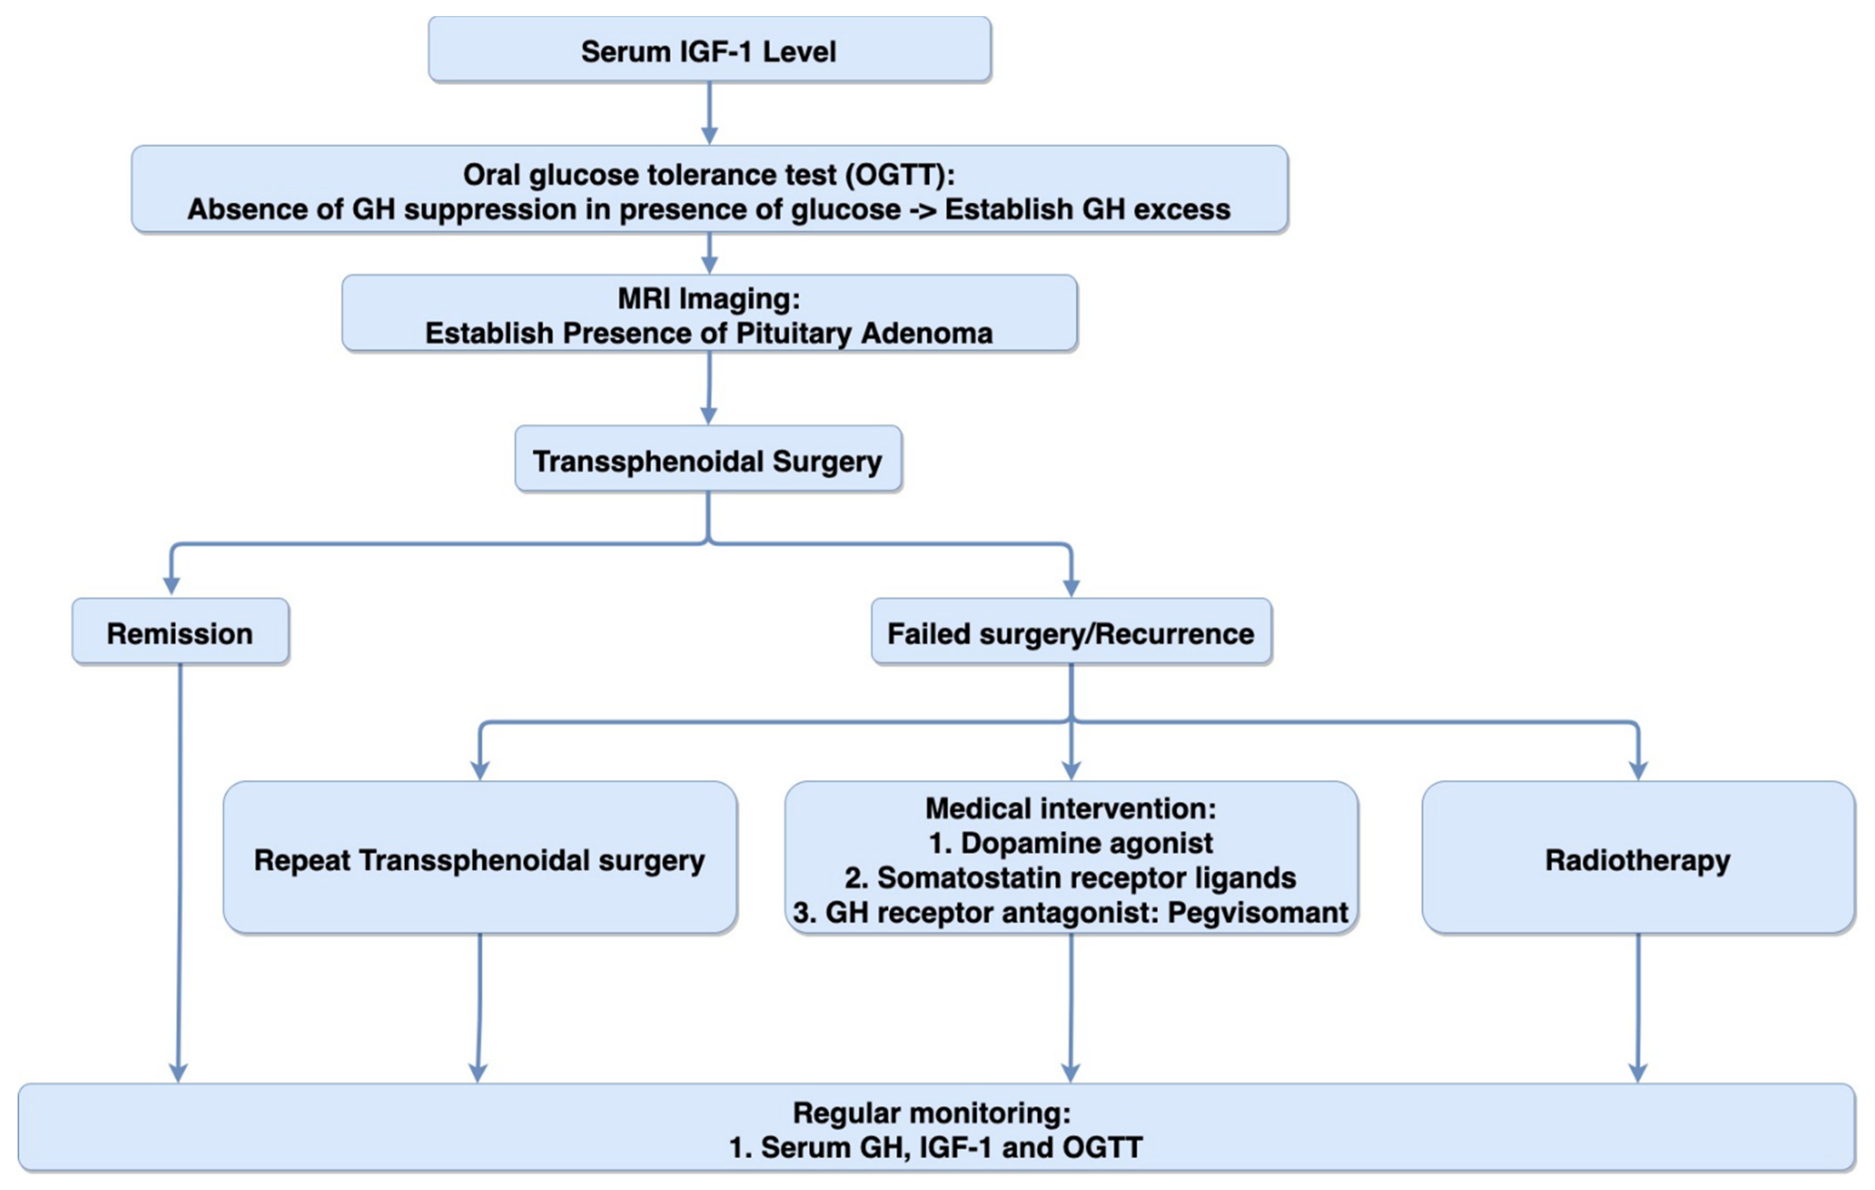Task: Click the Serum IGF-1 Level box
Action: (x=708, y=51)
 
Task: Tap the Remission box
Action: (x=180, y=633)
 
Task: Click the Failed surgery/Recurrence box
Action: (x=1071, y=633)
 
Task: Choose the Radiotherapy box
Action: (x=1637, y=859)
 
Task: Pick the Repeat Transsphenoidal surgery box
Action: (x=480, y=859)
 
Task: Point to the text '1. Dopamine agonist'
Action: (x=1071, y=843)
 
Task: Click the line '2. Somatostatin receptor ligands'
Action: (x=1071, y=877)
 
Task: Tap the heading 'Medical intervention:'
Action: (x=1071, y=808)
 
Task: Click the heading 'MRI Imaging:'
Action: (x=708, y=298)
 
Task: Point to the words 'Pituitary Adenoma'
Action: (x=864, y=333)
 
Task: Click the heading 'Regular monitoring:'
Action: (x=931, y=1112)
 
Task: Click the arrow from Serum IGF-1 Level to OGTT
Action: (x=708, y=113)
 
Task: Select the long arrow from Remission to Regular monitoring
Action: (x=180, y=872)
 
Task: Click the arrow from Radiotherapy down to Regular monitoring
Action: (x=1638, y=1008)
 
